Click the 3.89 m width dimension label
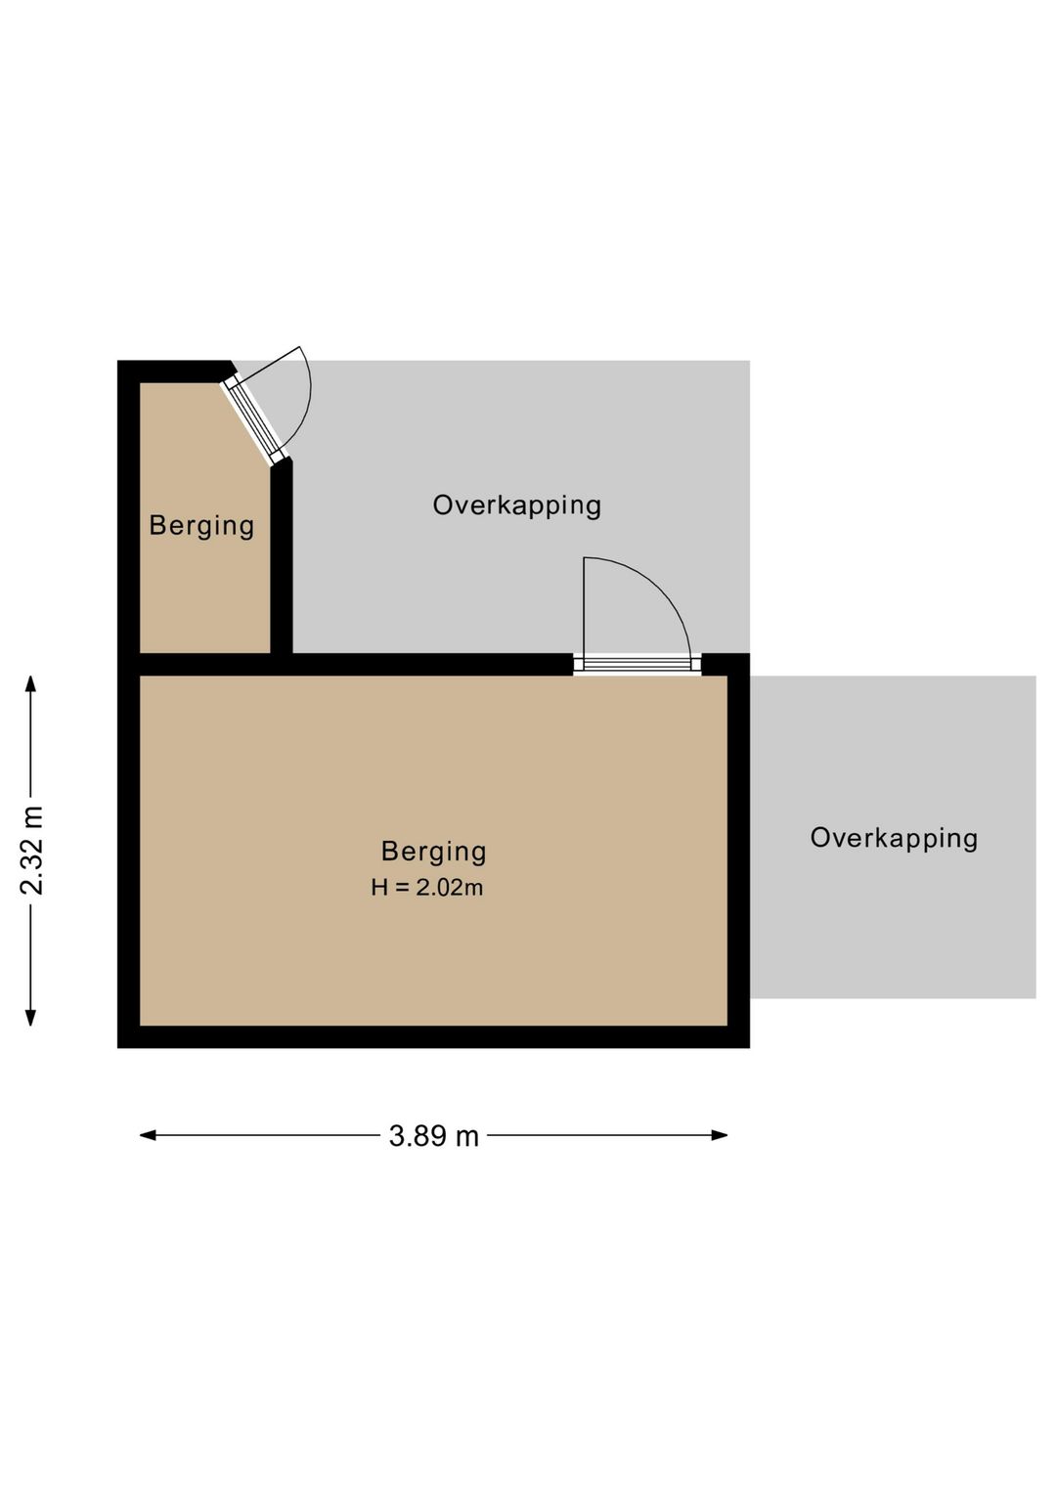pos(434,1136)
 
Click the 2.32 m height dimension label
pos(32,851)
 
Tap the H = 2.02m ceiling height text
pos(427,887)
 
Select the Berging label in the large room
pos(434,852)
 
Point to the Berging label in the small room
pos(201,526)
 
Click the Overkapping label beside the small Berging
pos(517,505)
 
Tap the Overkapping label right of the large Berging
pos(894,838)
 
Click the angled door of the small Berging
pos(256,419)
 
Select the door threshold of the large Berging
pos(638,664)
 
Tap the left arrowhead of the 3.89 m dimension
pos(148,1135)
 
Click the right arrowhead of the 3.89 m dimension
pos(719,1135)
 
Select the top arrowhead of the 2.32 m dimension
pos(30,684)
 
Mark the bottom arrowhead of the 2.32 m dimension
pos(30,1017)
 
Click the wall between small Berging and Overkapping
pos(282,558)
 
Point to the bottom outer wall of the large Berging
pos(434,1036)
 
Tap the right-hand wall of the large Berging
pos(739,851)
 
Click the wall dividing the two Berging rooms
pos(345,664)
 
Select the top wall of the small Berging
pos(176,372)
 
